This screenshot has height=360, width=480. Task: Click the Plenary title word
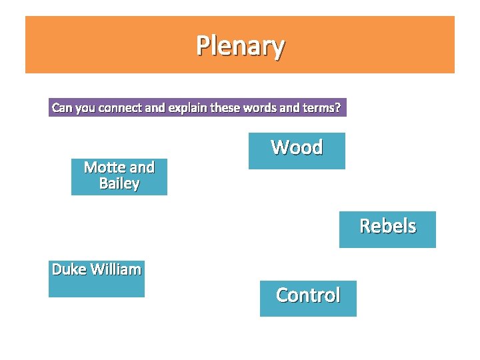pos(240,45)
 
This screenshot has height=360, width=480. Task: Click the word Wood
pos(297,147)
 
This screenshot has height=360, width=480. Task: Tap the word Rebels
pos(387,226)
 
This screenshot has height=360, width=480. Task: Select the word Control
pos(308,295)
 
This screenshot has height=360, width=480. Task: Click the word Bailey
pos(119,183)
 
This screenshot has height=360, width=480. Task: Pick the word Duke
pos(69,269)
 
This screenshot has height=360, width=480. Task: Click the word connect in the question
pos(121,107)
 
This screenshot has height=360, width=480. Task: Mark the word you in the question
pos(85,107)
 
